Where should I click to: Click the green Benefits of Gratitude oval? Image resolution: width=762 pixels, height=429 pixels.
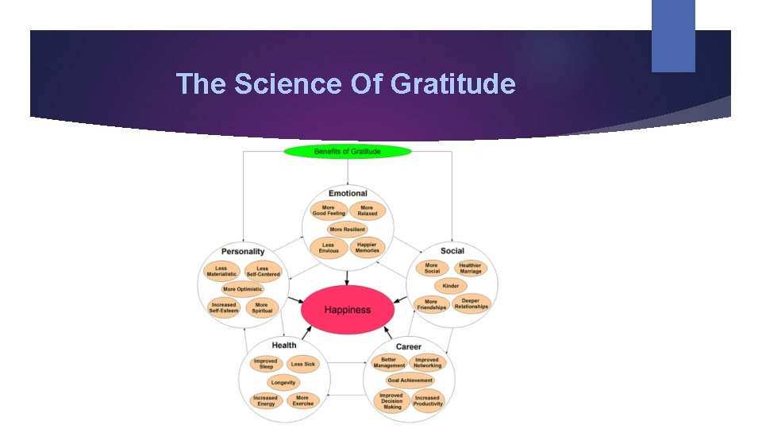347,151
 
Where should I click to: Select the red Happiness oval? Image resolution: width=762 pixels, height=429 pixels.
347,309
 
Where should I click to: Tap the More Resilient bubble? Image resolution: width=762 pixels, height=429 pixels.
348,230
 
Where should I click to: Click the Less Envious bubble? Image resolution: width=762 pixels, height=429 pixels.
328,248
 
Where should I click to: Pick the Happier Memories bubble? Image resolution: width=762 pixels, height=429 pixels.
367,248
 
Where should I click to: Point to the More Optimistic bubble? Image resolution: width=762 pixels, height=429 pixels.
242,289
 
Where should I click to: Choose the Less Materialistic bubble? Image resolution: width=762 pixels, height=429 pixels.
221,272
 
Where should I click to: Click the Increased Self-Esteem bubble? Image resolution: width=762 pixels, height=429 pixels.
224,307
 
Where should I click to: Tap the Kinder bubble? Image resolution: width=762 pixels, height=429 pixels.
451,286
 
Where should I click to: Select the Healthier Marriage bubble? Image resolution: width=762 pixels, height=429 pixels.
470,269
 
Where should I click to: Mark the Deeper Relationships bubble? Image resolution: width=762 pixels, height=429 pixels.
471,304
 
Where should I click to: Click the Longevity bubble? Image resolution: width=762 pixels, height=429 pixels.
283,382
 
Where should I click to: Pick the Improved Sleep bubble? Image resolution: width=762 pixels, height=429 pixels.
266,364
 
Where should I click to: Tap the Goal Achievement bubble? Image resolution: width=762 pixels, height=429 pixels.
410,381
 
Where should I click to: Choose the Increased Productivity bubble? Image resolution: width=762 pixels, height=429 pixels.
427,400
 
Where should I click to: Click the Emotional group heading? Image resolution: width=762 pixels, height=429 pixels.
348,193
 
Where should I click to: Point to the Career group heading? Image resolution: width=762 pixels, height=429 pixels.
409,346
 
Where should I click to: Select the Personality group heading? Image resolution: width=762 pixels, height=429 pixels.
243,252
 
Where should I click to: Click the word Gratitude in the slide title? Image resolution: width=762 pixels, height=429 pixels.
453,83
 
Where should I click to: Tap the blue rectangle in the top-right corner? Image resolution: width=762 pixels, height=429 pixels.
673,36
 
